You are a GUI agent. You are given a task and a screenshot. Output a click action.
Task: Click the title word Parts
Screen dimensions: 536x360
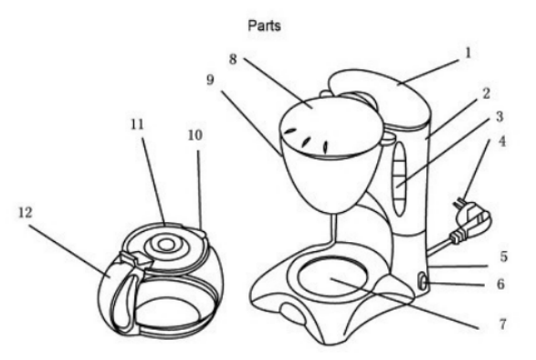264,26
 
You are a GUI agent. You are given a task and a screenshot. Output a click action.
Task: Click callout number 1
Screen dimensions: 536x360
468,53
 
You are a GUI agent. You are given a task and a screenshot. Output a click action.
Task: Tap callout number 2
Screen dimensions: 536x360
486,93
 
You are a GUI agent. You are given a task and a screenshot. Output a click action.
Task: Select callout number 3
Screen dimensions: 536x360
499,117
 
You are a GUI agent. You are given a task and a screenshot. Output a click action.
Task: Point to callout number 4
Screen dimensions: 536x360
502,141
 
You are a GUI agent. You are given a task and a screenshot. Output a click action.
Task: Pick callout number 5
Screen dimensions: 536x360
504,257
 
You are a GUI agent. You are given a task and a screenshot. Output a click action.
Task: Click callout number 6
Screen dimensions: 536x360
500,283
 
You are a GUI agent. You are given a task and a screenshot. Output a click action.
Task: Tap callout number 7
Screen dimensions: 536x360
502,323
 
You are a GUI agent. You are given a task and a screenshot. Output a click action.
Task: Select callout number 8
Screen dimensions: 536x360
233,59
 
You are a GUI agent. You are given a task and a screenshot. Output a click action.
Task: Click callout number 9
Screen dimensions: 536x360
211,79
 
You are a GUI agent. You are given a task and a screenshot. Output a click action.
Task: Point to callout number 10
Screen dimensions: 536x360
195,135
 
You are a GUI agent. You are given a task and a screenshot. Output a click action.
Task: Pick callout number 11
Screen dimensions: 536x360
137,124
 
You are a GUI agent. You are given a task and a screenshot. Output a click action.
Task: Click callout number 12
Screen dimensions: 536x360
26,213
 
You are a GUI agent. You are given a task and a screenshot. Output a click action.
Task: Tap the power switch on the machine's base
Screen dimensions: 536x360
423,281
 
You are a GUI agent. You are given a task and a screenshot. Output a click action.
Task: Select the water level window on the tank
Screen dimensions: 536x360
399,178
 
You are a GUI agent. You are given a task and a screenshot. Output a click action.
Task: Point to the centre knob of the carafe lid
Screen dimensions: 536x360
166,244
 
